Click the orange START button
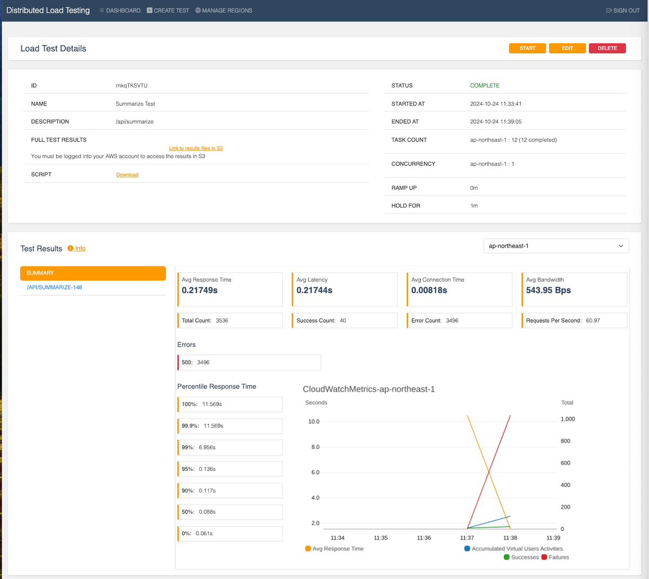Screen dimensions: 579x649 527,48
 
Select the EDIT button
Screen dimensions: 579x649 567,48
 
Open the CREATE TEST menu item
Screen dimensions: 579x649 168,10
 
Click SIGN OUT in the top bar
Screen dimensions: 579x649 623,10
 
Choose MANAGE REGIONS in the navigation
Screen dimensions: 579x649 224,10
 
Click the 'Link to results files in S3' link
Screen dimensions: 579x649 196,148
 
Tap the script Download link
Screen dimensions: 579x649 127,175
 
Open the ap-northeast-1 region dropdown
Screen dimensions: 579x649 556,246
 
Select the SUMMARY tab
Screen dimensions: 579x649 93,273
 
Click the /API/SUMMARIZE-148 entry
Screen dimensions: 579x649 55,287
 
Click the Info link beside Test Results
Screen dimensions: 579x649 80,248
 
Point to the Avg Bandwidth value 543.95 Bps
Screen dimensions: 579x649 548,290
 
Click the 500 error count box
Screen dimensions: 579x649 249,362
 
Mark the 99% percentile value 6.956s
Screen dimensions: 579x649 207,448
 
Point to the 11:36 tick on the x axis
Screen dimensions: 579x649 424,538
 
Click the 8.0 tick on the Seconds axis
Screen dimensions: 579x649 315,447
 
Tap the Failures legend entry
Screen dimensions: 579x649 559,557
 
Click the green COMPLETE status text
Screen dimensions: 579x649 485,85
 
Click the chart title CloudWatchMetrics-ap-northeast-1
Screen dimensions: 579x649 369,389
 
